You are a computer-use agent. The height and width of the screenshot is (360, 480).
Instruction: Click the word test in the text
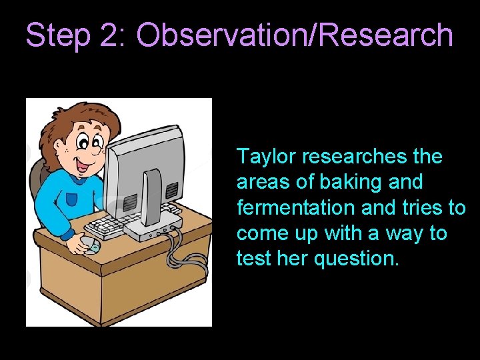click(x=251, y=259)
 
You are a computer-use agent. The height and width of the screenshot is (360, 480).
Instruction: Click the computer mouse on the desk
click(x=89, y=245)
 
